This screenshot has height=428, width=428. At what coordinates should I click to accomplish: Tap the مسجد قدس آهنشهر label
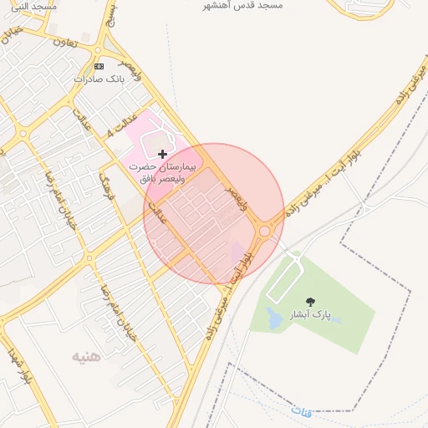coord(247,5)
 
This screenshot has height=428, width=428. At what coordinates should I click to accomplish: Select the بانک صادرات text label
coord(99,78)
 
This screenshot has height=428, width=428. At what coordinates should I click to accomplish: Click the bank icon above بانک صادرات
coord(99,65)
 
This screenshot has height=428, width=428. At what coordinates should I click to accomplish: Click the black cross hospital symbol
coord(161,154)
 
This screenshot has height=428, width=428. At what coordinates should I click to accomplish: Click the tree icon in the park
coord(311,302)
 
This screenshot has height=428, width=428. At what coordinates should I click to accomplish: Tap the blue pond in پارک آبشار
coord(274,318)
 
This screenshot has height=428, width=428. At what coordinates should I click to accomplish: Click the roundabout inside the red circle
coord(264,231)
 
